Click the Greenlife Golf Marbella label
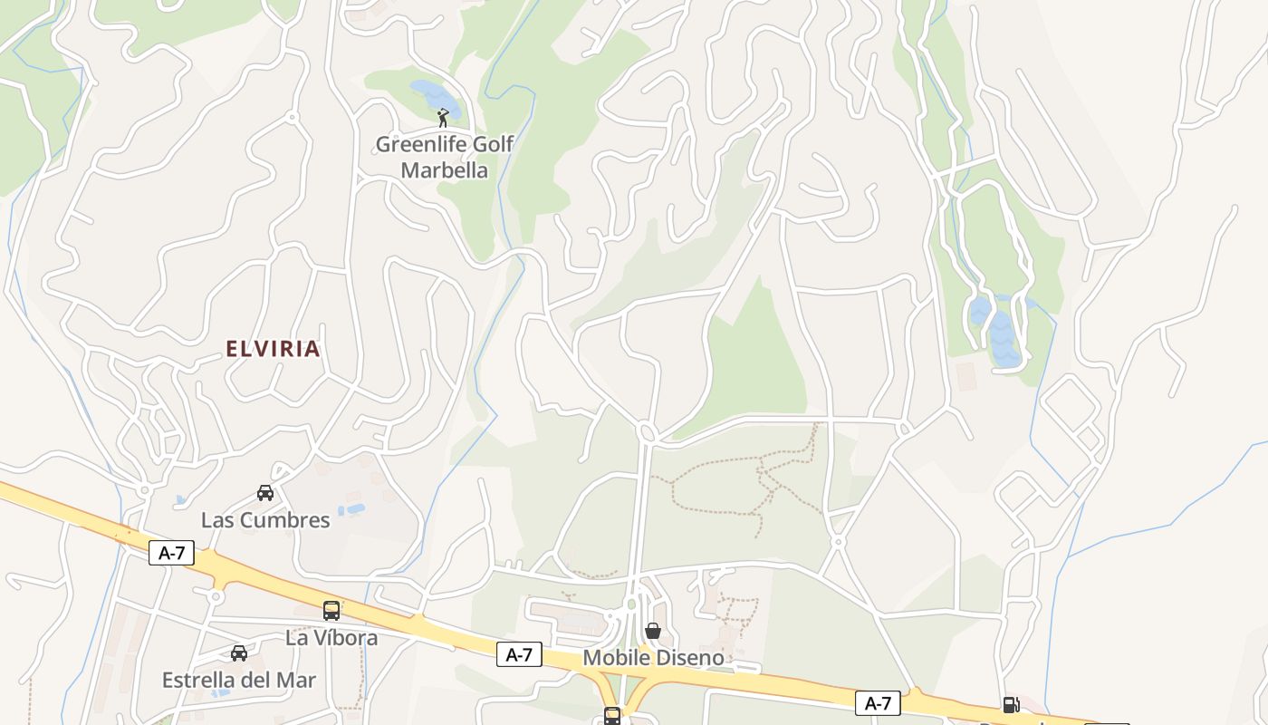coord(444,157)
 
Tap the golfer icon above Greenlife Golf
coord(443,118)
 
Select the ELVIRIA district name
coord(273,349)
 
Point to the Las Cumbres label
coord(265,520)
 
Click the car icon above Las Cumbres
coord(265,493)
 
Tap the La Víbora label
coord(331,638)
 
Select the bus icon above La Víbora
coord(331,611)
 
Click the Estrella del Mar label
coord(239,680)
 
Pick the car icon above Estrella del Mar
coord(239,653)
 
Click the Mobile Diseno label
coord(653,658)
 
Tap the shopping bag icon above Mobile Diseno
coord(653,631)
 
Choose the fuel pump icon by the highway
coord(1011,704)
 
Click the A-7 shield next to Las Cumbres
coord(172,553)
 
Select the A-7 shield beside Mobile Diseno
coord(519,654)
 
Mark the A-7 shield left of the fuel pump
coord(878,702)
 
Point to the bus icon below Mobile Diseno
coord(612,716)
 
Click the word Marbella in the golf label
coord(444,170)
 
